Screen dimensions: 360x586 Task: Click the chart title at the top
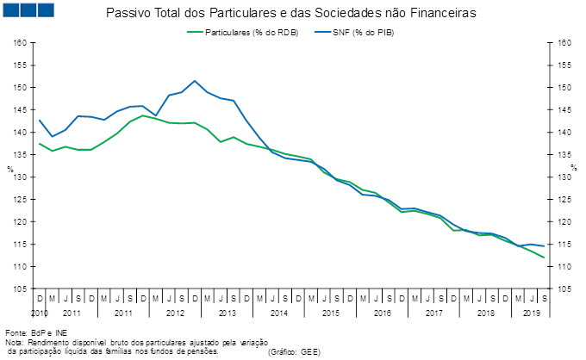coord(294,13)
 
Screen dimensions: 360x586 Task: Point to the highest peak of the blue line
coord(195,81)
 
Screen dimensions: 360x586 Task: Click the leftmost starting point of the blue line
coord(40,120)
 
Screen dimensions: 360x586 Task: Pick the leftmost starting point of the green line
coord(40,144)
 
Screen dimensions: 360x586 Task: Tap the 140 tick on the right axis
coord(564,132)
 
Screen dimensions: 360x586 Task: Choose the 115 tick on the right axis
coord(564,244)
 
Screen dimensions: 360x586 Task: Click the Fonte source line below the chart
coord(34,332)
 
